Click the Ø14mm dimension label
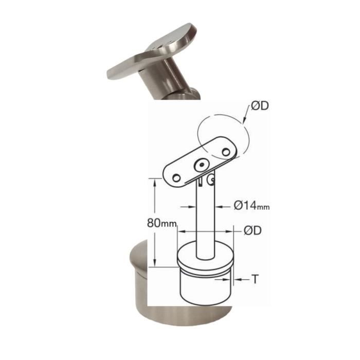pyautogui.click(x=251, y=205)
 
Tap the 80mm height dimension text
pyautogui.click(x=161, y=223)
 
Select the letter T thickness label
pyautogui.click(x=255, y=279)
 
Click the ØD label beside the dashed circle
pyautogui.click(x=260, y=106)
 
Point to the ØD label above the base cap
pyautogui.click(x=253, y=230)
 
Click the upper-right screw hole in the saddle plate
pyautogui.click(x=226, y=152)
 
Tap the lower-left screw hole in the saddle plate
pyautogui.click(x=176, y=178)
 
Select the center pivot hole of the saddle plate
pyautogui.click(x=202, y=165)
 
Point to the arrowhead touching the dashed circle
pyautogui.click(x=244, y=121)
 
